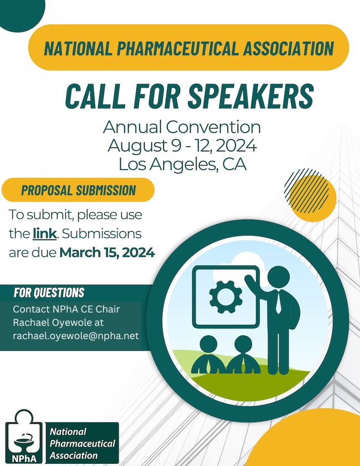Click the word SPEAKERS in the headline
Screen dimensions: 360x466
coord(251,96)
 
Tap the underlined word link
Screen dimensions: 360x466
coord(44,234)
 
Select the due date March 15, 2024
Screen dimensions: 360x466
coord(107,253)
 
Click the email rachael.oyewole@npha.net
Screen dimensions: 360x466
coord(76,336)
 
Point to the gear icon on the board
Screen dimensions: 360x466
coord(226,297)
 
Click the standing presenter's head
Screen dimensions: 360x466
coord(279,277)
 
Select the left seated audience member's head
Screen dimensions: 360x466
coord(208,345)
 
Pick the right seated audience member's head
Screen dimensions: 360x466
coord(243,345)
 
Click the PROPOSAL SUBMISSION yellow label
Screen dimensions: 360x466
coord(78,190)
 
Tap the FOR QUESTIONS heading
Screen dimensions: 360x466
coord(49,293)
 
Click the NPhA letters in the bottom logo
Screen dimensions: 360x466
coord(24,459)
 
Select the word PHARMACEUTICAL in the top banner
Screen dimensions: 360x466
coord(178,48)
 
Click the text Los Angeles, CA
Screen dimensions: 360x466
coord(183,165)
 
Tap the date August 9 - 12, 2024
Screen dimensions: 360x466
coord(182,146)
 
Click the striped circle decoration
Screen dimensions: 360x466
coord(306,191)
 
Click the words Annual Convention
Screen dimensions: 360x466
coord(182,127)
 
